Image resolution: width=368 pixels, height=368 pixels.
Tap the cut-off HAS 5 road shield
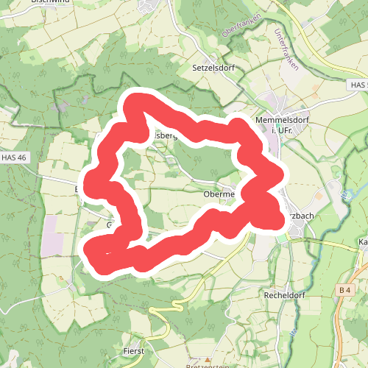(358, 86)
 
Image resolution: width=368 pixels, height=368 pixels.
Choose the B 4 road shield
(345, 291)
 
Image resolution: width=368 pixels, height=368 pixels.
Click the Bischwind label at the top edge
(51, 2)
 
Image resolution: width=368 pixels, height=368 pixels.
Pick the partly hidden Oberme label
(218, 194)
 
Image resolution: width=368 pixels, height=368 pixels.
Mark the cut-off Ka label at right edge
(362, 241)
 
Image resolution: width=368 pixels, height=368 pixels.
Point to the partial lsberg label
(163, 135)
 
